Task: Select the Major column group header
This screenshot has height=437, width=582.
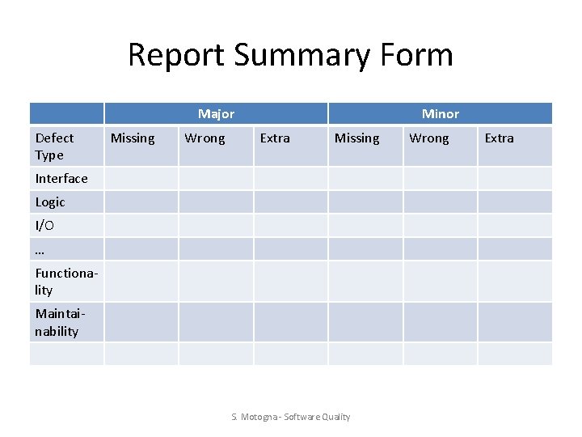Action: point(216,114)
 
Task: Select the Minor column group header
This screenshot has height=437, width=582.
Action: point(440,114)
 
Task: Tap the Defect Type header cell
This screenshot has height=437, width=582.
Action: point(55,146)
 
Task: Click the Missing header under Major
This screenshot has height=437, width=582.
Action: point(133,138)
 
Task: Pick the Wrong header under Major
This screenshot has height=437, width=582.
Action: point(205,138)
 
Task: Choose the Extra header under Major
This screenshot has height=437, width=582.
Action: point(275,138)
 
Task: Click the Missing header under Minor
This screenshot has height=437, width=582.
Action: point(356,138)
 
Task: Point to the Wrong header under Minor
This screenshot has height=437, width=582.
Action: point(429,138)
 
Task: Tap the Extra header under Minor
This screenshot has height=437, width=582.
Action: point(499,138)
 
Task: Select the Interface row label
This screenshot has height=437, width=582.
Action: point(61,178)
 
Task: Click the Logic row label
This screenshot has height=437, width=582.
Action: point(50,202)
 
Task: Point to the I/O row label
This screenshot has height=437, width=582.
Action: point(45,225)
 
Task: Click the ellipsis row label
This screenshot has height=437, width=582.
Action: point(40,249)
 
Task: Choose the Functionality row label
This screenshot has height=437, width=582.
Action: point(66,282)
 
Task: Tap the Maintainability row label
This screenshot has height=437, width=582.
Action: point(58,322)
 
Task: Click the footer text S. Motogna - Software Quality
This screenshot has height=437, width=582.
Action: point(291,417)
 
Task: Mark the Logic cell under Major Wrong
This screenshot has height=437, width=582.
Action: point(216,202)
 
